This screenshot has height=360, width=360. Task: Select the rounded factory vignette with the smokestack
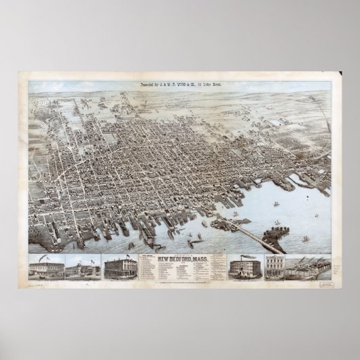(x=247, y=267)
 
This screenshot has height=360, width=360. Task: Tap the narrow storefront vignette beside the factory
(x=274, y=267)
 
